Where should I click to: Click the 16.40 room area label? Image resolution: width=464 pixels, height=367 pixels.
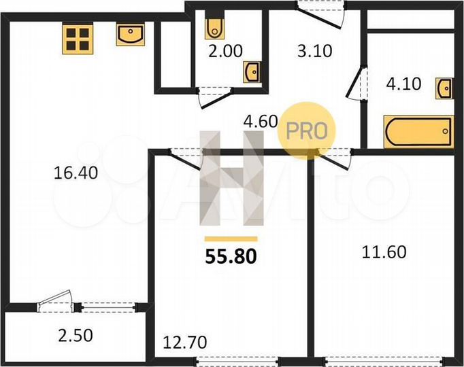76,173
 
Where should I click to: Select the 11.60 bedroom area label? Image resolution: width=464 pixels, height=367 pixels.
384,253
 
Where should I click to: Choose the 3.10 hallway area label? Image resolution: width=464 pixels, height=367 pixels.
314,50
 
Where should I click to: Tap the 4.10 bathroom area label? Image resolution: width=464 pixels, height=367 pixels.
403,85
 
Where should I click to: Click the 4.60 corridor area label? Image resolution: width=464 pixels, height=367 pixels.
261,122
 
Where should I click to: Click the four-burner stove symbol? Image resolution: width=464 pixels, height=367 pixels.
77,39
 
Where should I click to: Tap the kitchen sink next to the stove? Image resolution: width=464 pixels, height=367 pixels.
130,35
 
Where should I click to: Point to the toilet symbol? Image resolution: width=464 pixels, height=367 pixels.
214,27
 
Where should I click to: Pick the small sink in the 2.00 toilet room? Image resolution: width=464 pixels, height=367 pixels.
252,71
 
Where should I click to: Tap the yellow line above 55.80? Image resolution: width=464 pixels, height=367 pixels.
231,239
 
